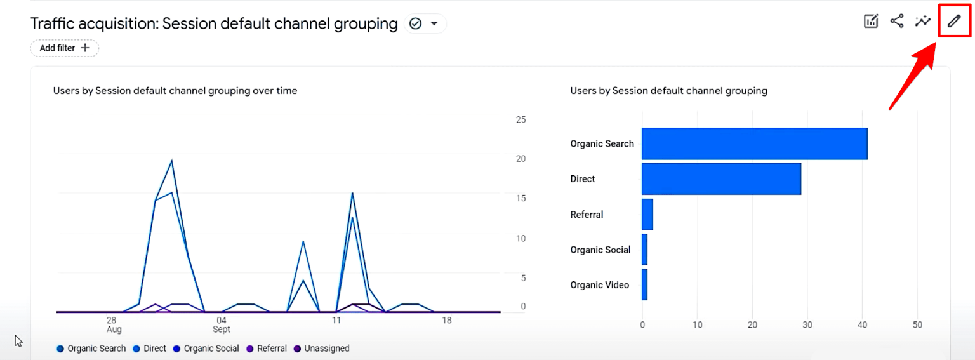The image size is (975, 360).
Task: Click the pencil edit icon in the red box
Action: pyautogui.click(x=953, y=22)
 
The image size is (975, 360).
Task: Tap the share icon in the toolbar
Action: pyautogui.click(x=896, y=21)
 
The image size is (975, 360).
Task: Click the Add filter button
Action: pyautogui.click(x=64, y=48)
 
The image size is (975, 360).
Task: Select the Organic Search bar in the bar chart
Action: pyautogui.click(x=754, y=143)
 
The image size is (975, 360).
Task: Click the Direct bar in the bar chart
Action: pyautogui.click(x=721, y=179)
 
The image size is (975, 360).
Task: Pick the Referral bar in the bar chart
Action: pyautogui.click(x=647, y=215)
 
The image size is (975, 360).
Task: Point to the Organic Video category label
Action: pyautogui.click(x=599, y=285)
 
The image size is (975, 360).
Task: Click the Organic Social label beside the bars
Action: pyautogui.click(x=600, y=250)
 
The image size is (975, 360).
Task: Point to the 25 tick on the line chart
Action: pyautogui.click(x=521, y=119)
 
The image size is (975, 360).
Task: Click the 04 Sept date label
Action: pyautogui.click(x=221, y=324)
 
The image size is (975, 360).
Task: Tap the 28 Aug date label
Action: pyautogui.click(x=112, y=324)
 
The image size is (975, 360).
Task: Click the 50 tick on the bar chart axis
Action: pyautogui.click(x=917, y=325)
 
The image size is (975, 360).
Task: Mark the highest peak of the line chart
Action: pyautogui.click(x=171, y=161)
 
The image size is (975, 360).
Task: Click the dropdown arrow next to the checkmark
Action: pyautogui.click(x=434, y=24)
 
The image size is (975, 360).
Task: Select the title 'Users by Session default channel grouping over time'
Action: pyautogui.click(x=175, y=91)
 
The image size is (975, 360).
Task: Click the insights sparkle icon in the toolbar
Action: pyautogui.click(x=922, y=21)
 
